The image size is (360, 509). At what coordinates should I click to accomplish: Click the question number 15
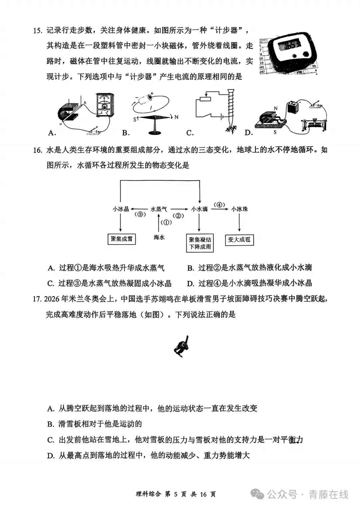pyautogui.click(x=37, y=31)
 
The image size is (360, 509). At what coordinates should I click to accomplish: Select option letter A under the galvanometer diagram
pyautogui.click(x=52, y=133)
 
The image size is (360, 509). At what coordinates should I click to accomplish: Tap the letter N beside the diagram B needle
pyautogui.click(x=176, y=117)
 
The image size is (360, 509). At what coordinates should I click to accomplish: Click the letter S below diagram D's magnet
pyautogui.click(x=275, y=132)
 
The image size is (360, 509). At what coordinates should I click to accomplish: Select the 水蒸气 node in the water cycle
pyautogui.click(x=159, y=209)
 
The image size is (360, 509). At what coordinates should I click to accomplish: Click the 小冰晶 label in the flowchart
pyautogui.click(x=121, y=209)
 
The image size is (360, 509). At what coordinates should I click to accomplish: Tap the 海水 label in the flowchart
pyautogui.click(x=159, y=237)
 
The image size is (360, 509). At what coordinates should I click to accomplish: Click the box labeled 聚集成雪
pyautogui.click(x=121, y=239)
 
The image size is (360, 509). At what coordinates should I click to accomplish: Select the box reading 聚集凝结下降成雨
pyautogui.click(x=200, y=243)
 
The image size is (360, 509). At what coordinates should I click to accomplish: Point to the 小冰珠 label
pyautogui.click(x=240, y=209)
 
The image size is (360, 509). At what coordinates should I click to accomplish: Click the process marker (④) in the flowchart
pyautogui.click(x=219, y=205)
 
